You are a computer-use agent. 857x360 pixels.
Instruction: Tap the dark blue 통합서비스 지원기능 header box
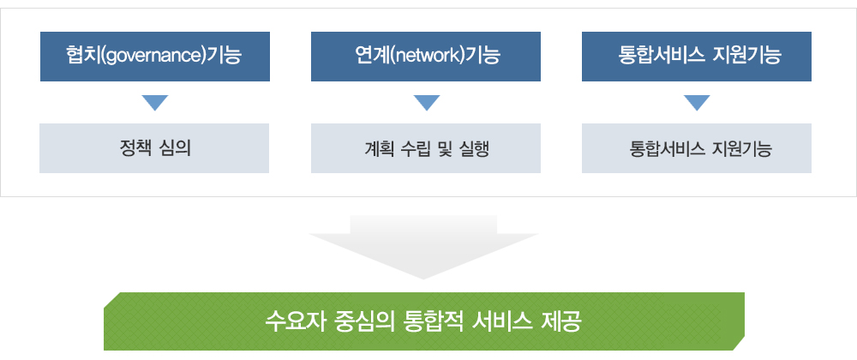point(696,57)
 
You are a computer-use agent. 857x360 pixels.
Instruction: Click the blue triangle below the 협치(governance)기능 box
point(154,103)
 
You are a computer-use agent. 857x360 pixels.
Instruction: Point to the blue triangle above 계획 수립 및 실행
point(426,103)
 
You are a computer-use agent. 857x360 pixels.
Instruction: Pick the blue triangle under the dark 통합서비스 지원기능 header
point(697,103)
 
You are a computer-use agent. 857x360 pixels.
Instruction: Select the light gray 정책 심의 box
point(154,148)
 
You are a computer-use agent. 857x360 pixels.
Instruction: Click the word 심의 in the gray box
point(177,148)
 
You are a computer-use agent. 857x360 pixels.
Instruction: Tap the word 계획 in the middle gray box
point(377,148)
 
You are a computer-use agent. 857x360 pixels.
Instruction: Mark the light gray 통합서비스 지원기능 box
point(696,148)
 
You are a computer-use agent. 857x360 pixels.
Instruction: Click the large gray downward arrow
point(423,247)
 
